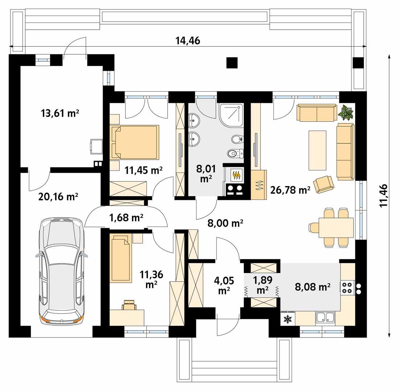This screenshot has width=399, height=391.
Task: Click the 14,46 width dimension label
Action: click(188, 41)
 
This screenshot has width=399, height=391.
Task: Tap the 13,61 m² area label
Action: click(60, 113)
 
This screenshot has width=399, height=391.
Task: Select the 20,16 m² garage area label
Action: click(58, 197)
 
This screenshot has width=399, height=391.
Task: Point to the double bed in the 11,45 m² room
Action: click(135, 142)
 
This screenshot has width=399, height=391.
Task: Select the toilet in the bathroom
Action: click(235, 154)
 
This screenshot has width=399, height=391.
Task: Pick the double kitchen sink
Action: click(325, 318)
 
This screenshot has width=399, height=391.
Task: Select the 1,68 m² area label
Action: click(126, 218)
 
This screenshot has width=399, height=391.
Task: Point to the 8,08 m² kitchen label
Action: click(312, 287)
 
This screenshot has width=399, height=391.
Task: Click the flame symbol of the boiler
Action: click(236, 175)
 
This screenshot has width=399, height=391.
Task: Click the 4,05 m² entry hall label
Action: click(224, 286)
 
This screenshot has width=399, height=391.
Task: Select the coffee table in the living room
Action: click(317, 150)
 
